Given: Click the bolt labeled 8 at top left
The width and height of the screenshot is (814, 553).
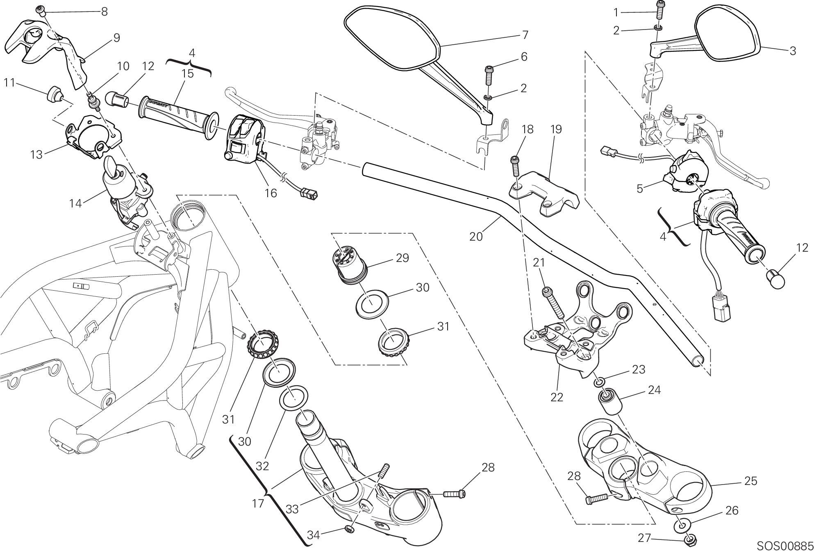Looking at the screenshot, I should click(x=40, y=10).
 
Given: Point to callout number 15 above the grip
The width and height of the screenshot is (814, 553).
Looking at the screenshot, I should click(x=188, y=74).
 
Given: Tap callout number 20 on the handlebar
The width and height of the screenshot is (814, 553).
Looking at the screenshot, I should click(x=476, y=237).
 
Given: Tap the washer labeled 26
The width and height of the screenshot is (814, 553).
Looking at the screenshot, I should click(x=682, y=525).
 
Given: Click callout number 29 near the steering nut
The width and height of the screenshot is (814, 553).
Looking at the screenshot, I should click(x=402, y=258).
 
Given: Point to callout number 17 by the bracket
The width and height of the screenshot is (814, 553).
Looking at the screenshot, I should click(x=258, y=503).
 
